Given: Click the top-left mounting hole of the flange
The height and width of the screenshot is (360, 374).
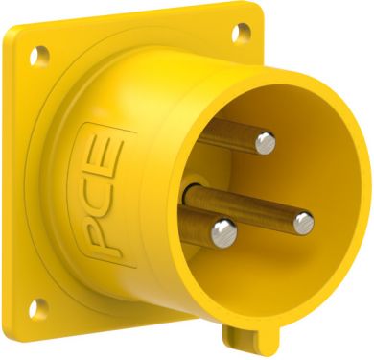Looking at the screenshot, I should (x=40, y=55).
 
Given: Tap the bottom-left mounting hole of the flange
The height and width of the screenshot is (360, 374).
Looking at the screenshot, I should (x=38, y=309).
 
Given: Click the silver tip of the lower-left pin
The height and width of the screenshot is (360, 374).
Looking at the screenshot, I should (x=222, y=229).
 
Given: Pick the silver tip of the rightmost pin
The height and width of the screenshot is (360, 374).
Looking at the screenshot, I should (x=303, y=223).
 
